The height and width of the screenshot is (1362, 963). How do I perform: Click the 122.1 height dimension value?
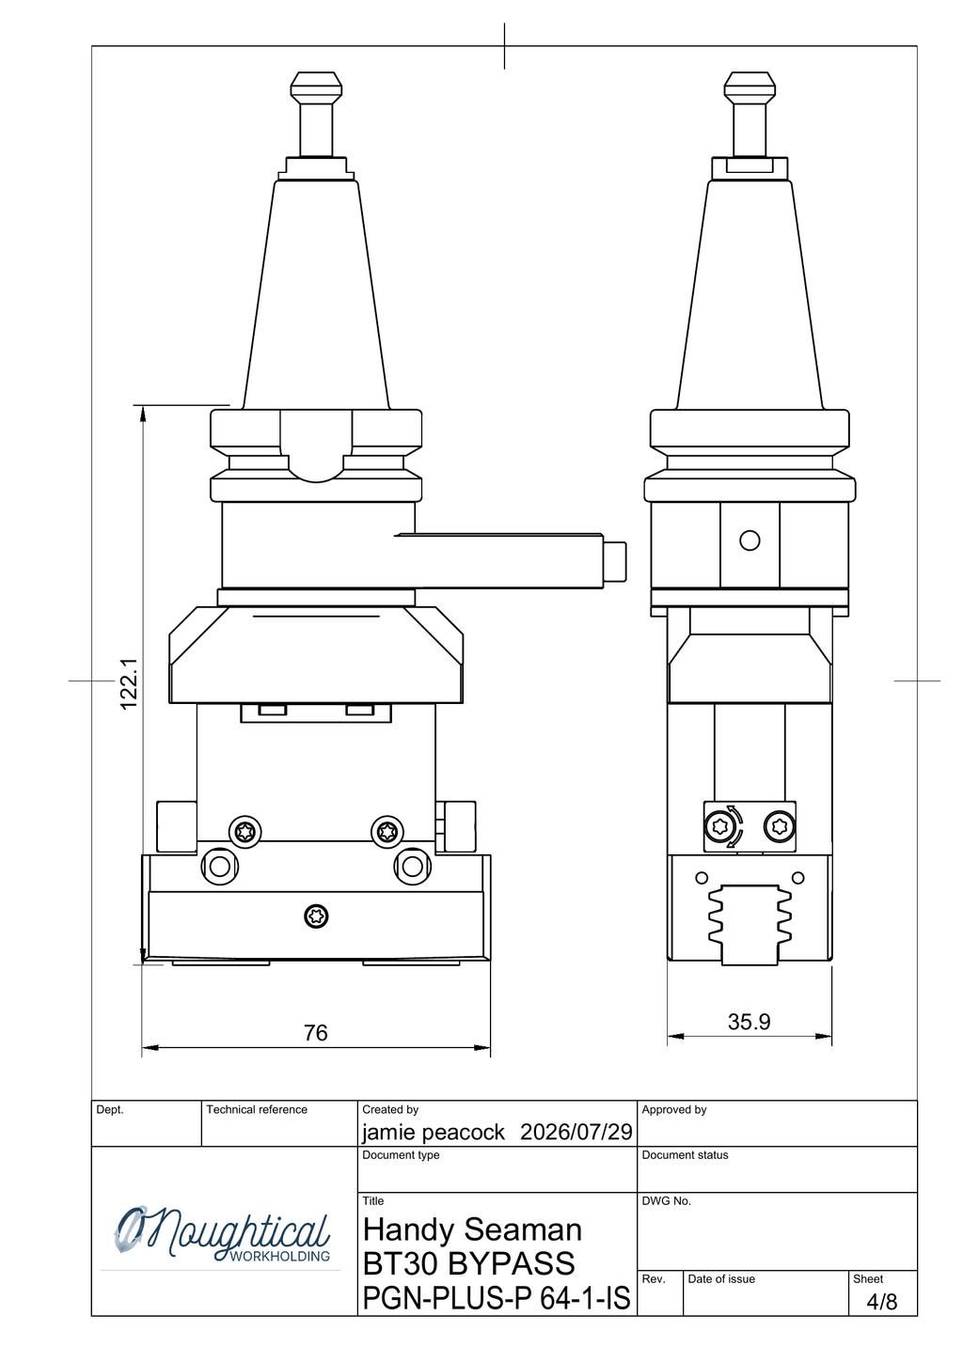(129, 683)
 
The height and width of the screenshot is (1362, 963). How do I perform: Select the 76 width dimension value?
(316, 1032)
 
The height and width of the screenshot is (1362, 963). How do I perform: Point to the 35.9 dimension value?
(749, 1022)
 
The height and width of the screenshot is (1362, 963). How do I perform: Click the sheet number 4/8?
(881, 1302)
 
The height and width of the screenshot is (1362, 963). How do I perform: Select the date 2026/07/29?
(576, 1132)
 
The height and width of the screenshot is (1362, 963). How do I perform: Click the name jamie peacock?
(434, 1132)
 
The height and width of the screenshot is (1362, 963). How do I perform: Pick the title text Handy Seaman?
(472, 1229)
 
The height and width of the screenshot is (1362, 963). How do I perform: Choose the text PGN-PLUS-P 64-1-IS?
(496, 1298)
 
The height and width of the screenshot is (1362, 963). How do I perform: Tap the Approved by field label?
(674, 1110)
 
